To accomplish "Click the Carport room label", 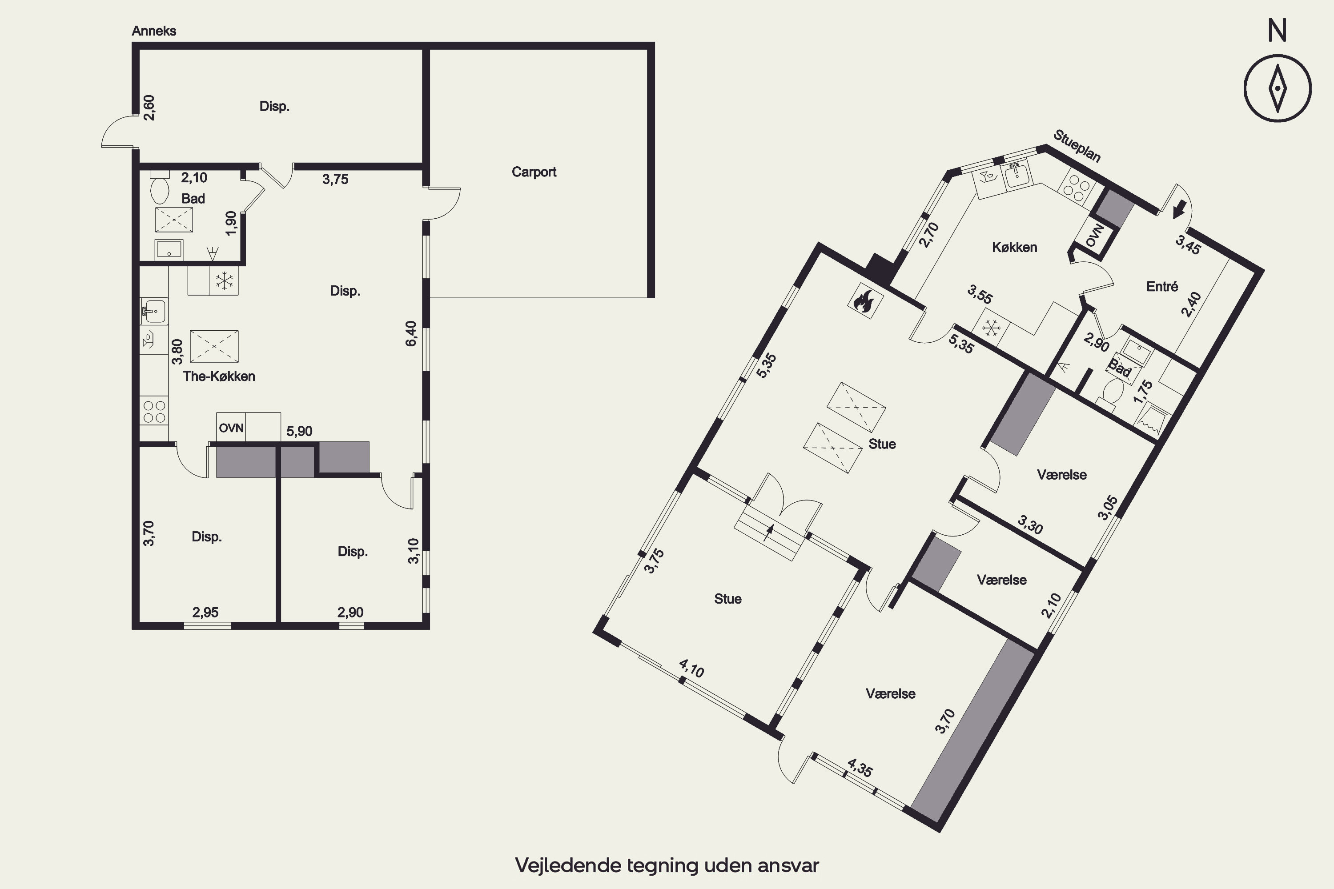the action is click(x=534, y=172).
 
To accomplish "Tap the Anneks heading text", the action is click(x=154, y=31).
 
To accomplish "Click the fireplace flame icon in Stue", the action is click(x=865, y=300).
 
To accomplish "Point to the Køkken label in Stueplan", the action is click(x=1014, y=247).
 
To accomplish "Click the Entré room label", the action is click(x=1162, y=286).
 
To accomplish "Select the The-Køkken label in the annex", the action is click(x=219, y=376).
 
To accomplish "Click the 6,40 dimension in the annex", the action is click(x=411, y=333).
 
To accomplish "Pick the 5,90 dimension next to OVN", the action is click(x=299, y=432).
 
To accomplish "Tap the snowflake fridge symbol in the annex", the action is click(x=224, y=280).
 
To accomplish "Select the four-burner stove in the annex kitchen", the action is click(x=154, y=412).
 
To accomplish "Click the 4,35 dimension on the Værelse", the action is click(x=860, y=768).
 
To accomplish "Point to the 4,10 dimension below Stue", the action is click(x=691, y=669).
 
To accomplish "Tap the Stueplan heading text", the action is click(x=1077, y=146).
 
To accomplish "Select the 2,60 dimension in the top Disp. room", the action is click(x=149, y=108).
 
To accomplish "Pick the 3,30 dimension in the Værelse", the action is click(x=1030, y=525).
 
